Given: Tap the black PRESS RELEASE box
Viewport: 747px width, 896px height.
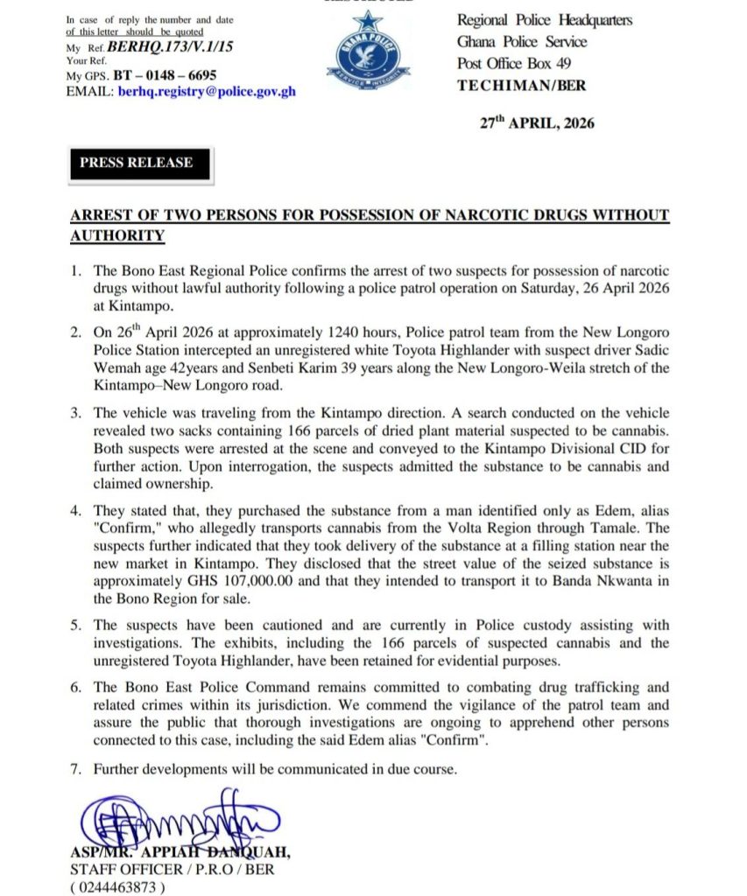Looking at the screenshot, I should pos(136,163).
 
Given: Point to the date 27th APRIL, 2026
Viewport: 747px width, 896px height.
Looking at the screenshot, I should pos(537,123).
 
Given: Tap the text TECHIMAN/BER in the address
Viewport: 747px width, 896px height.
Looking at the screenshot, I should pos(521,86).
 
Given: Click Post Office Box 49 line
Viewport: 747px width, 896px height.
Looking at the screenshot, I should pos(512,64).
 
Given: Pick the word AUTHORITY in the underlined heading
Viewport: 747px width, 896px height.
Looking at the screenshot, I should pos(116,235).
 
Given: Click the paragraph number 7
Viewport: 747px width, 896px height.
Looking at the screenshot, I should pos(78,769).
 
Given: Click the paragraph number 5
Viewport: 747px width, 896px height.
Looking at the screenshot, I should pos(78,625).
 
